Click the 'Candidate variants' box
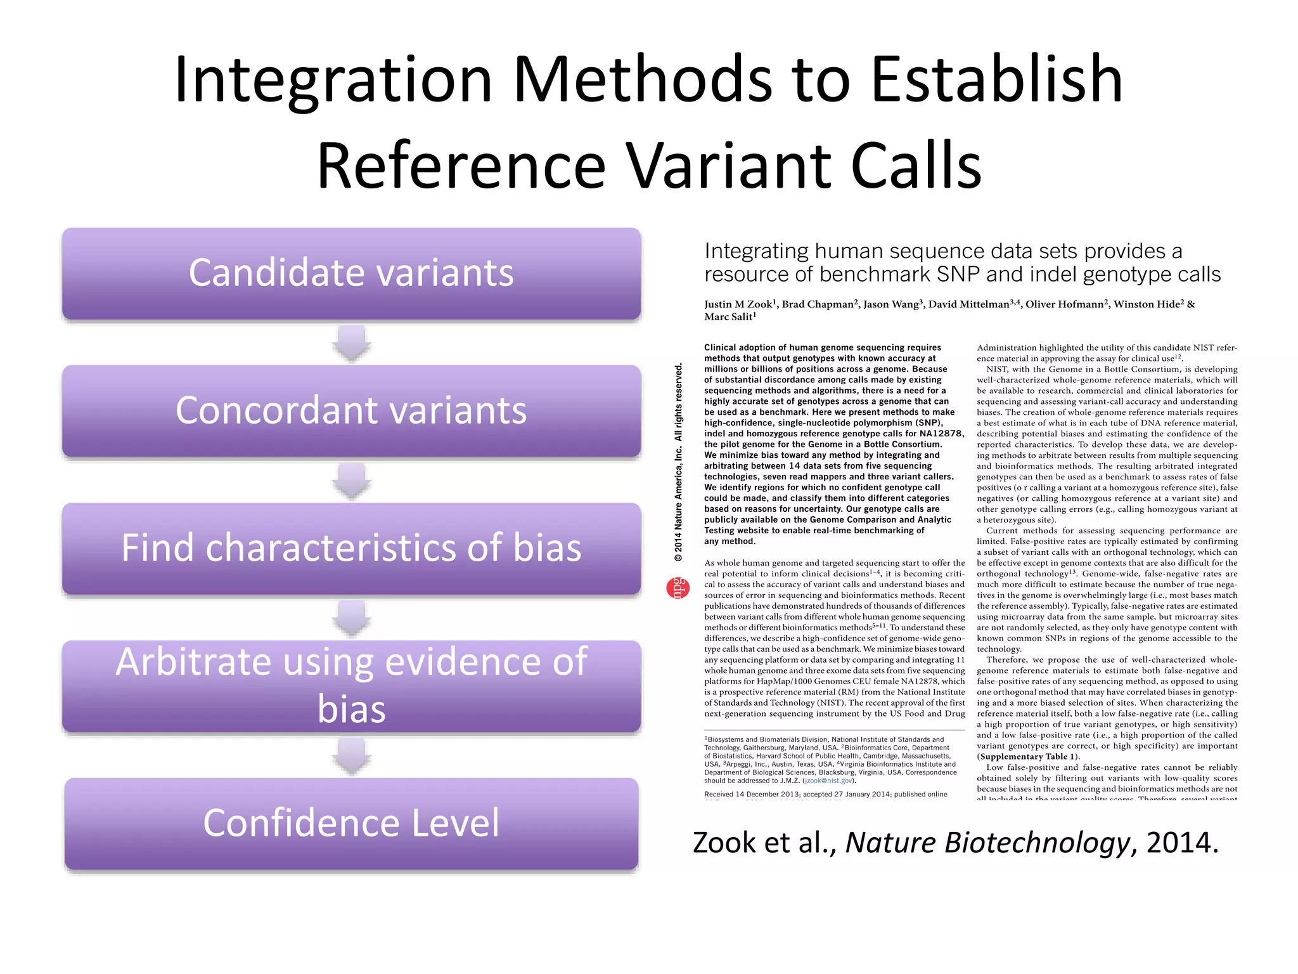coord(351,273)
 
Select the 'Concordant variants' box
coord(351,411)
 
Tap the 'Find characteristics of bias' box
coord(351,549)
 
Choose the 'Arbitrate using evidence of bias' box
coord(351,686)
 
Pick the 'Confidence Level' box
coord(351,824)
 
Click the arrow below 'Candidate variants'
coord(352,342)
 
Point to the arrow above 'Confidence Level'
coord(352,756)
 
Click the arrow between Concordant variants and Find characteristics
coord(352,480)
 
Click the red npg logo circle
coord(678,588)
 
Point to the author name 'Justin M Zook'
coord(738,304)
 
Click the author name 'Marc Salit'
coord(729,317)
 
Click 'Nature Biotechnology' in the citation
coord(987,843)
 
